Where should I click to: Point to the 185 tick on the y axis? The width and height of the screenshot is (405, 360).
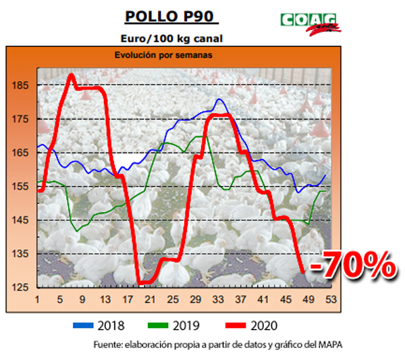(20, 86)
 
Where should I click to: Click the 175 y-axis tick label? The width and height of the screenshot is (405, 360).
(20, 120)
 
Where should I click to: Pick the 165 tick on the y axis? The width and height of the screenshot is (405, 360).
(20, 153)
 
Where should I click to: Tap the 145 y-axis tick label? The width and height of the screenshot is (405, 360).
(20, 221)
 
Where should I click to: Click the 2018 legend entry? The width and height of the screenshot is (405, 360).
(101, 326)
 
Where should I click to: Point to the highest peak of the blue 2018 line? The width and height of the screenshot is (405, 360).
(219, 100)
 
